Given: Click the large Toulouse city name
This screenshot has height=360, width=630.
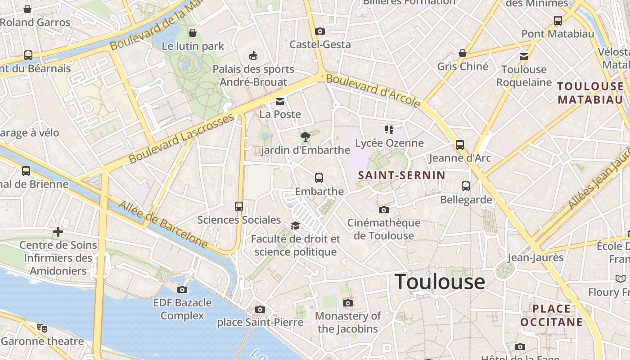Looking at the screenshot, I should [x=440, y=282].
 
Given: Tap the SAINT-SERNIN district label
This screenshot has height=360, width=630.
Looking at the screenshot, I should [x=401, y=175].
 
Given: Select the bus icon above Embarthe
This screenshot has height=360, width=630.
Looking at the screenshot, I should [x=319, y=178].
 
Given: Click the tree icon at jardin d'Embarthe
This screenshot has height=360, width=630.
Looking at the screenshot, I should [x=306, y=136].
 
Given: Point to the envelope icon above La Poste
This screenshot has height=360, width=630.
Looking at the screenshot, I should [x=280, y=101].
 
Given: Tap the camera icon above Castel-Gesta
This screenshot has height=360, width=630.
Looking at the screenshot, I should [x=320, y=31].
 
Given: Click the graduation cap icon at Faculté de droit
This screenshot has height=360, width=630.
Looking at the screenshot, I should [x=295, y=225].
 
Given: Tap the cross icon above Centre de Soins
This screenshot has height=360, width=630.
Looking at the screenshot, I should [x=58, y=232].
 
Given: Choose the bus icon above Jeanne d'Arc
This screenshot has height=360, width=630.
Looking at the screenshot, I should [x=459, y=145].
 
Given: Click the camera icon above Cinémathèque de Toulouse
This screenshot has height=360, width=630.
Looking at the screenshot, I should [x=383, y=210].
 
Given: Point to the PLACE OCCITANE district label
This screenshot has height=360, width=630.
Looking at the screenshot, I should [x=551, y=315].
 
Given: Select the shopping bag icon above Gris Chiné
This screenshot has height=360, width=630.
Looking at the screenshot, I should [x=462, y=53].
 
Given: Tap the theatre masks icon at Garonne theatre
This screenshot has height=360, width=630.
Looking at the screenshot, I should [x=42, y=328].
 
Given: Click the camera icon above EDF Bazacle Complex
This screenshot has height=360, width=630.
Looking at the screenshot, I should [x=182, y=289].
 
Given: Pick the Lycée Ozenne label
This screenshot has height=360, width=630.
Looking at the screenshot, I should [x=389, y=143].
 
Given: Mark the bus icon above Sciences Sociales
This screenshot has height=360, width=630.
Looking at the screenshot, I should [x=239, y=207].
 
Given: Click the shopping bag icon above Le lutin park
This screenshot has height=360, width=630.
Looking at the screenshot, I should [x=193, y=33].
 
